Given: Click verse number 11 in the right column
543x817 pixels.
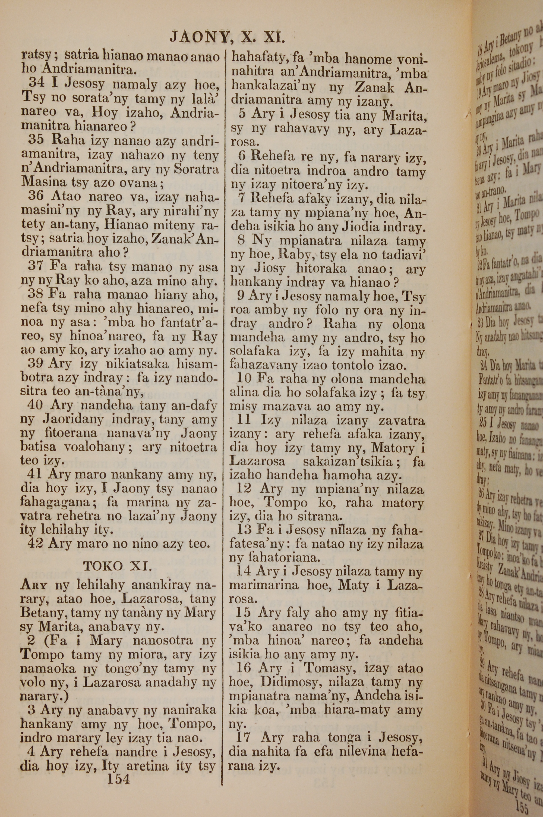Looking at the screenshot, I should pos(236,421).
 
